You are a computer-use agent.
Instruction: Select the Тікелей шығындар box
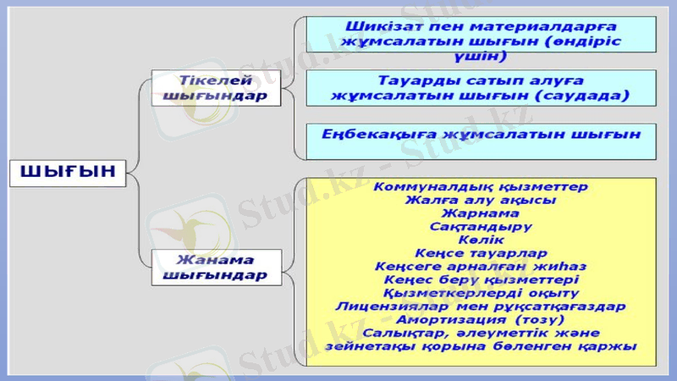click(215, 88)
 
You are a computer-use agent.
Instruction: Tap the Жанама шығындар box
click(215, 267)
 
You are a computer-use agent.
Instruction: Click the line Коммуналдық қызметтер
click(480, 186)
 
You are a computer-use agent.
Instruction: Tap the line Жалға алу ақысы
click(480, 201)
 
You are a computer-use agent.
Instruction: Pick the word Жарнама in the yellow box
click(480, 214)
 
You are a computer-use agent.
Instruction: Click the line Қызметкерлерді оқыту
click(480, 293)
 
